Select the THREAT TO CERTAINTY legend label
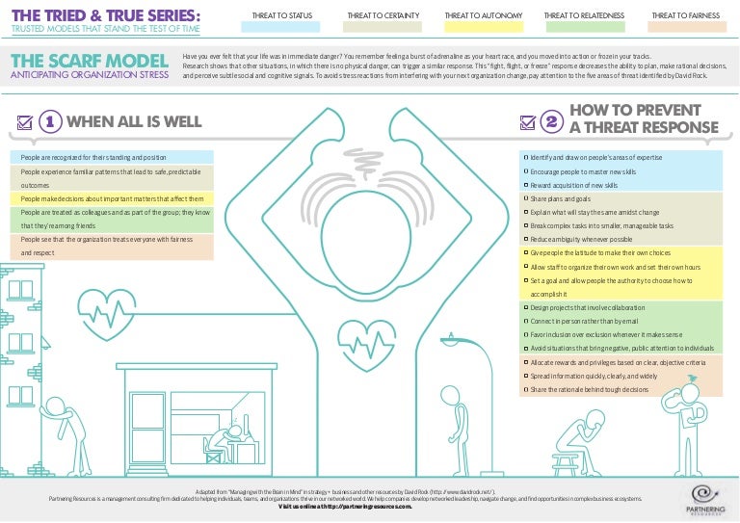tap(378, 15)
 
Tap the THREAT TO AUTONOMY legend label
tap(476, 15)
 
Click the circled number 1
tap(51, 121)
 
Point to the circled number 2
tap(552, 121)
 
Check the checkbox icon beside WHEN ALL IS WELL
tap(26, 122)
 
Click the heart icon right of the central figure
tap(370, 339)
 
